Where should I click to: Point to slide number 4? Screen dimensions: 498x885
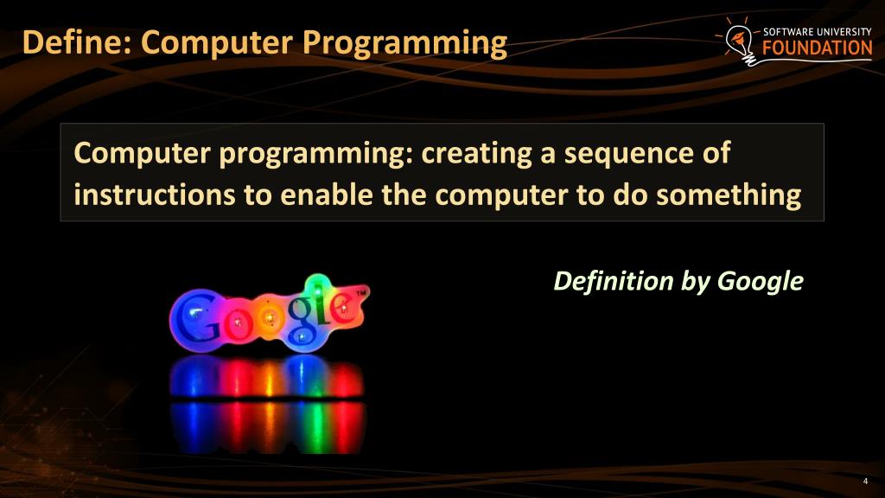point(865,482)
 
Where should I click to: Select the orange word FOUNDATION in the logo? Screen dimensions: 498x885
point(817,48)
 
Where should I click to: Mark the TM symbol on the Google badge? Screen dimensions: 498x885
point(360,293)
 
